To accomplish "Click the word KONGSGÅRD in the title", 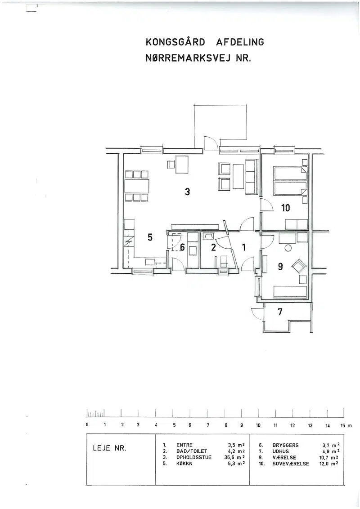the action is [x=175, y=42].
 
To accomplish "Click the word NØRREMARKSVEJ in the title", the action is [x=188, y=58].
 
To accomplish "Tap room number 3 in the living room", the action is [x=187, y=192].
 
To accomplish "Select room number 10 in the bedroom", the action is [x=285, y=208].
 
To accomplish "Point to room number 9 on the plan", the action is [x=280, y=267].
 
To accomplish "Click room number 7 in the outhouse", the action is [x=280, y=312].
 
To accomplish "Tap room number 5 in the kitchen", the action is [x=150, y=237].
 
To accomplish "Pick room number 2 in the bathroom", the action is [x=213, y=248].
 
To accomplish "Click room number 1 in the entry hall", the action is [x=244, y=248].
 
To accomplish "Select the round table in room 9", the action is [x=288, y=248].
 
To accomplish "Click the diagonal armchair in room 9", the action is [x=299, y=267].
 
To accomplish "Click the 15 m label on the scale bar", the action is [x=346, y=425].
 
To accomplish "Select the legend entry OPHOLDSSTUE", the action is [x=193, y=457].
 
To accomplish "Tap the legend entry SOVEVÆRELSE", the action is [x=291, y=464].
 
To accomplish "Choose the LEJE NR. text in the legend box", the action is [x=109, y=448].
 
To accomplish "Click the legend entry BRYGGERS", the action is [x=286, y=445].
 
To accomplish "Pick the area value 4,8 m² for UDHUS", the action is [x=331, y=451].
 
